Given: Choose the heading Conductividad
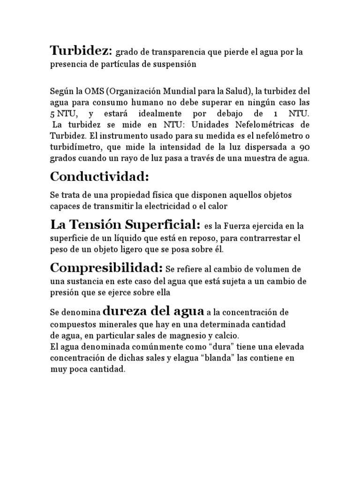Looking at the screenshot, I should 99,177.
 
